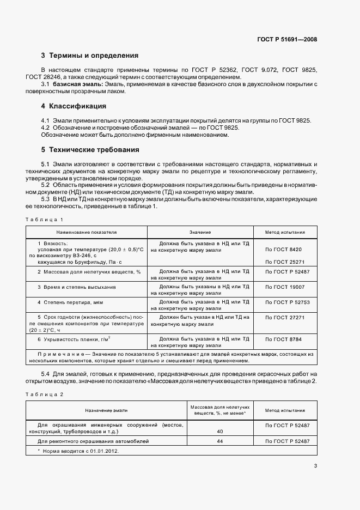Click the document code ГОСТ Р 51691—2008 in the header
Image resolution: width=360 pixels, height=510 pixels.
[x=287, y=39]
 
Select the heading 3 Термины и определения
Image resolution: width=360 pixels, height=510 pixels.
[x=90, y=56]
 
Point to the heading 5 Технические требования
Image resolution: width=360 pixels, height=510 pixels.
[x=90, y=149]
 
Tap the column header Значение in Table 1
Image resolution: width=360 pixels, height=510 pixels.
[x=200, y=232]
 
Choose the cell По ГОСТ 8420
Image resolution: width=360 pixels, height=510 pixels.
[x=284, y=249]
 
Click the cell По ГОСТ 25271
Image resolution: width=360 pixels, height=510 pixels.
[x=284, y=262]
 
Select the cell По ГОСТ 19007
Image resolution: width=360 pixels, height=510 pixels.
[x=284, y=287]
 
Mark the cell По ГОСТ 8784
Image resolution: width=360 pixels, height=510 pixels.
[x=283, y=339]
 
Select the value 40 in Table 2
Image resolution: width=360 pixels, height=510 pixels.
[x=220, y=431]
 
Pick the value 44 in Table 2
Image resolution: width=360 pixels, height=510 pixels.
[x=220, y=441]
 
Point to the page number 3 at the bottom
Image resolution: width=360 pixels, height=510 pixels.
[x=315, y=465]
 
